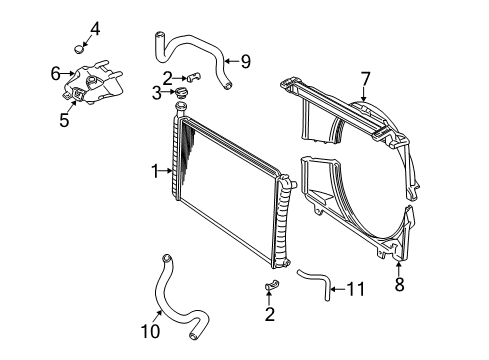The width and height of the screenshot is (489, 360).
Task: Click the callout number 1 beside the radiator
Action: (156, 172)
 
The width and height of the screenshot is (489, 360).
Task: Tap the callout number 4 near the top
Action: (95, 27)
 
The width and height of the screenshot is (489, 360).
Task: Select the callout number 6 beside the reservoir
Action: (56, 72)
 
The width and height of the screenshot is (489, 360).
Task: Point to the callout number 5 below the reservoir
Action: (63, 121)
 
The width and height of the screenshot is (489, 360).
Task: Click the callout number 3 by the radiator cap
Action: (156, 94)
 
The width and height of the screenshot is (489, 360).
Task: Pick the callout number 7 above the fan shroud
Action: (365, 77)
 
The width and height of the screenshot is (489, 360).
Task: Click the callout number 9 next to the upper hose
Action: (245, 61)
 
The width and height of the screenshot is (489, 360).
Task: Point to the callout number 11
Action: (355, 289)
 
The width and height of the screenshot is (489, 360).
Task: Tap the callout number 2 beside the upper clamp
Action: (167, 77)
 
